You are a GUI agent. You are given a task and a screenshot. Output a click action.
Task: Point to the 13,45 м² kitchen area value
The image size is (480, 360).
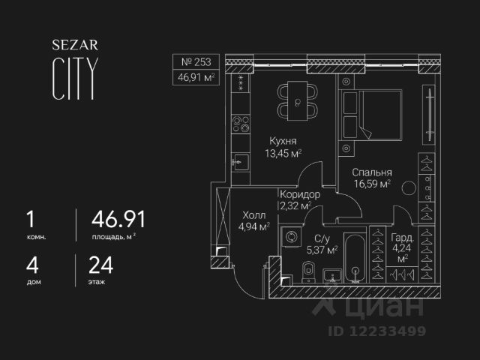pyautogui.click(x=283, y=154)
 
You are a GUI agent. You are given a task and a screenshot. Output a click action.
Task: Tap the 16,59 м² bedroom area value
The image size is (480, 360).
pyautogui.click(x=373, y=183)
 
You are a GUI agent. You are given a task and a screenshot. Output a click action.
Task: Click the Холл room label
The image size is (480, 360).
pyautogui.click(x=253, y=215)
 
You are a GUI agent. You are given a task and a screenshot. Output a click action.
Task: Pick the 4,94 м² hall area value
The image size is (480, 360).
pyautogui.click(x=253, y=228)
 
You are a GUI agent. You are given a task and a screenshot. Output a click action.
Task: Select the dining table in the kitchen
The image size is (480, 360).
pyautogui.click(x=298, y=101)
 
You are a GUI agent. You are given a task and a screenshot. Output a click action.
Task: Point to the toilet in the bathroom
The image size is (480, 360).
pyautogui.click(x=305, y=271)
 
